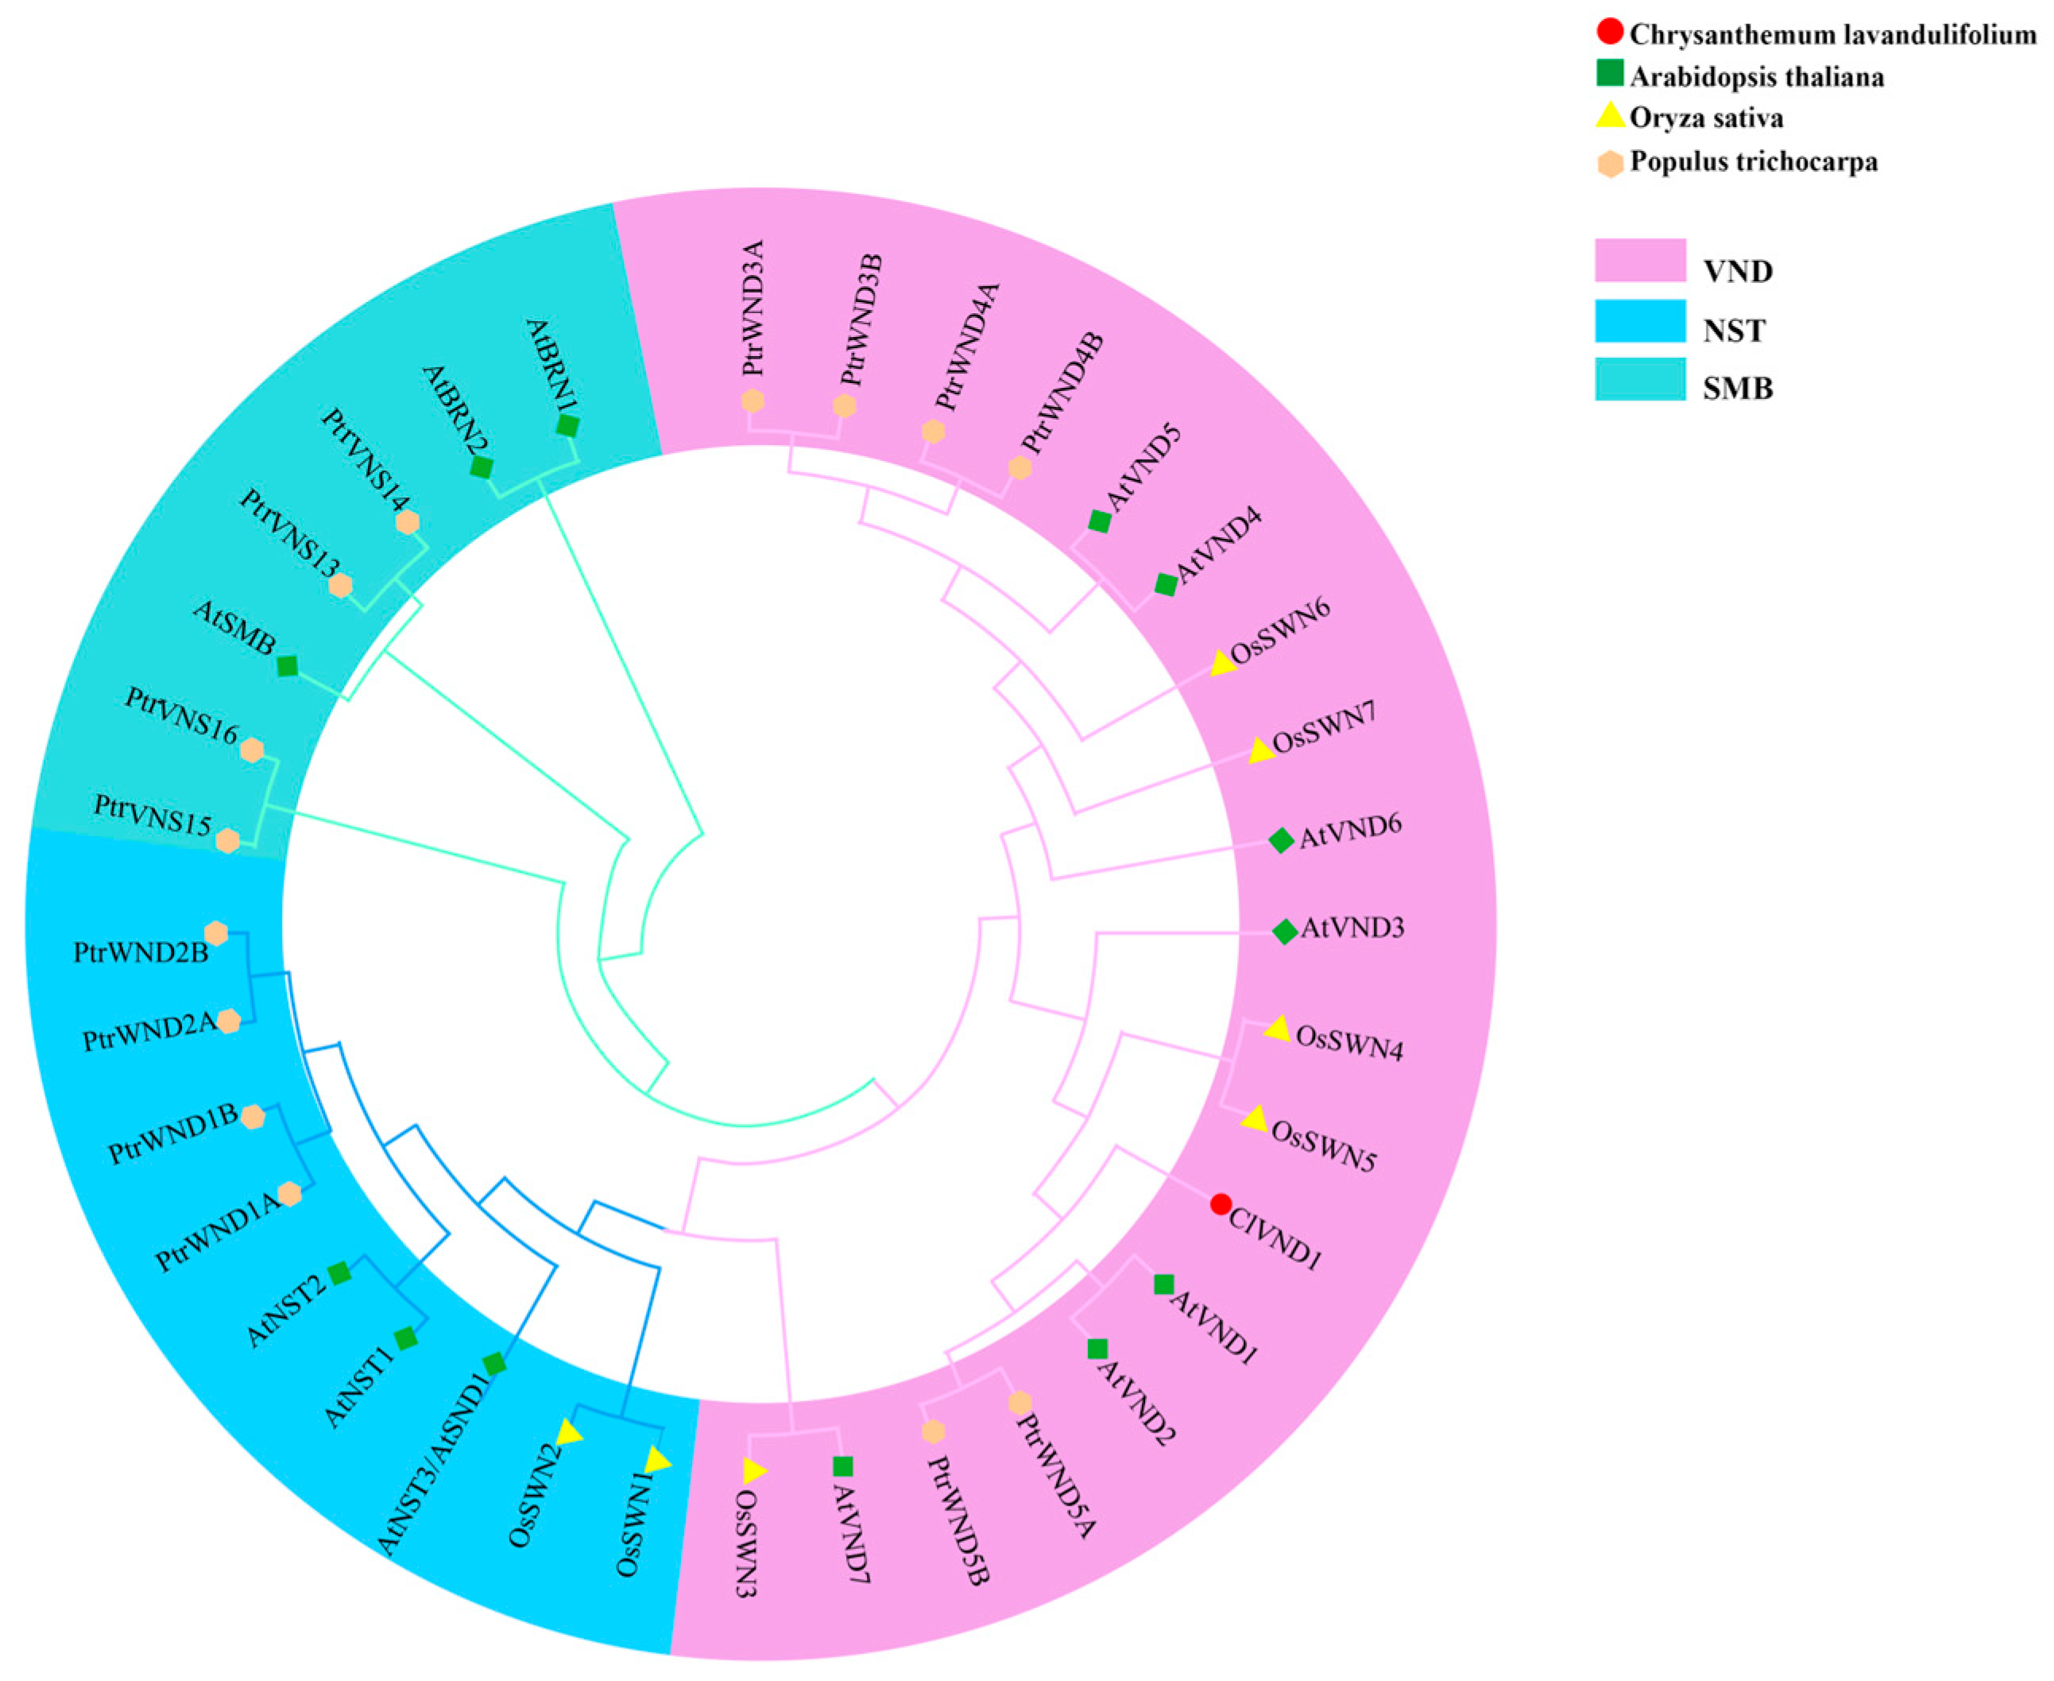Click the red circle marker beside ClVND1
click(1220, 1205)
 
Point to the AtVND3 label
click(1352, 928)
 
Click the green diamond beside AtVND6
click(1281, 841)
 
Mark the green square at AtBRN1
click(568, 426)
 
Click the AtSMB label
click(234, 627)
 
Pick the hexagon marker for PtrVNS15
click(227, 841)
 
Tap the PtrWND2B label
click(141, 954)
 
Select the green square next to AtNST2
click(338, 1273)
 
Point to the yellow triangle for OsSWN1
click(658, 1460)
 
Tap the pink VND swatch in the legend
click(1640, 261)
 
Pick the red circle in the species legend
click(1610, 33)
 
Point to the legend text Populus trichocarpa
click(1753, 161)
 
